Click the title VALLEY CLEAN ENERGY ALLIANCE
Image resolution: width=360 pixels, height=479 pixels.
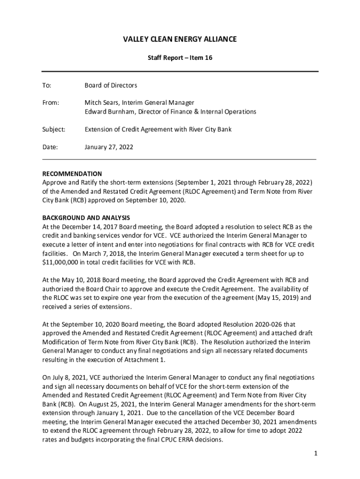click(180, 39)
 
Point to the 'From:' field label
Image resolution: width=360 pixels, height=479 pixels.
click(51, 102)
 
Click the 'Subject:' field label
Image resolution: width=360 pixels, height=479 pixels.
click(54, 129)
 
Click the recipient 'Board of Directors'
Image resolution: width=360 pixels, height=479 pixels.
click(111, 86)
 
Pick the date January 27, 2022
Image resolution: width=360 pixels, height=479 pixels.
click(108, 147)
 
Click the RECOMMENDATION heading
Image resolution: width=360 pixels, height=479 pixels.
click(72, 174)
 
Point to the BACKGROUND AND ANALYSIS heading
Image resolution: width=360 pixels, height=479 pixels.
click(86, 218)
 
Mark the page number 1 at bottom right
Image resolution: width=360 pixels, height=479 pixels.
click(317, 454)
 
